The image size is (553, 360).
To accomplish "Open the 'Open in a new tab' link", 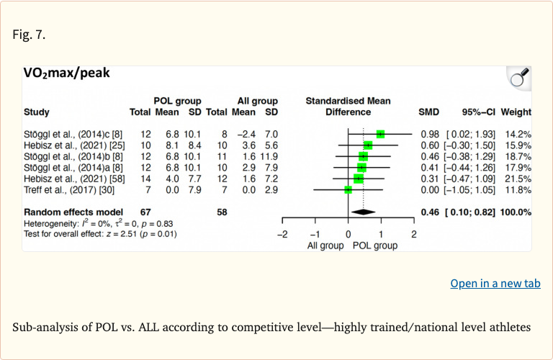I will pos(495,283).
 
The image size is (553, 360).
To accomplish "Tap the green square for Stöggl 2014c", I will pos(380,134).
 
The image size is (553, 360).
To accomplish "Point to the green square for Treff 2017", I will pos(348,190).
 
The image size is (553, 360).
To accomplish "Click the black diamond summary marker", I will pos(363,212).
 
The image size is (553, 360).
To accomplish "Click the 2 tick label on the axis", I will pos(414,235).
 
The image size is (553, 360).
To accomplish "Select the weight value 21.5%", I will pos(518,179).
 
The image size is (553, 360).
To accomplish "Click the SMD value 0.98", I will pos(429,134).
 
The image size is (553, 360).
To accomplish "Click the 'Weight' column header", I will pos(516,112).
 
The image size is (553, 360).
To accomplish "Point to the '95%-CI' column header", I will pos(478,112).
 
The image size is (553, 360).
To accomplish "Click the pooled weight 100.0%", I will pos(516,212).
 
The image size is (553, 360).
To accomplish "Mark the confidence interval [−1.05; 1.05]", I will pos(471,190).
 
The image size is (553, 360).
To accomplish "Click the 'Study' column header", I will pos(37,112).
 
